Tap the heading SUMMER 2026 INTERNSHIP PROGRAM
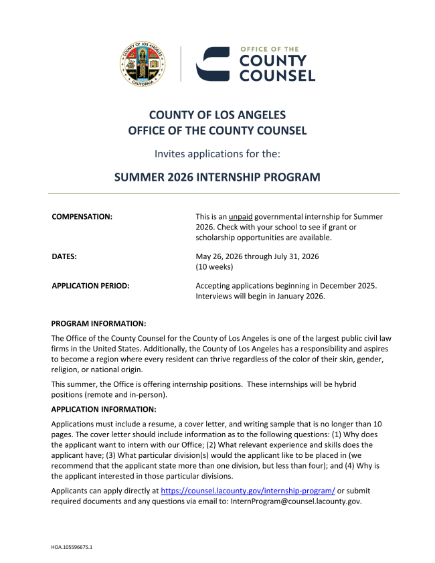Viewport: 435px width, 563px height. tap(217, 177)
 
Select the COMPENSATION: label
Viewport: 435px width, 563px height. tap(82, 217)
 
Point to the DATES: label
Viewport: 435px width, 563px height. tap(64, 256)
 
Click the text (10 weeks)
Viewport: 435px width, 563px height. tap(214, 266)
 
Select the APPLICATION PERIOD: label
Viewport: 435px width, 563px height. tap(90, 286)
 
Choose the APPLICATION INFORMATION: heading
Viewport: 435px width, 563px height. tap(104, 409)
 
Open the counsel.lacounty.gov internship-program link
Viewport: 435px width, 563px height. tap(248, 491)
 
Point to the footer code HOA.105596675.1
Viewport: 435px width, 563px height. tap(72, 547)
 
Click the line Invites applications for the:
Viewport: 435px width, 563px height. tap(217, 154)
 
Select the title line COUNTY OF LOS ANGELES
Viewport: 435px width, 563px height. tap(217, 115)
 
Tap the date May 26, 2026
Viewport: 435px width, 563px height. tap(219, 256)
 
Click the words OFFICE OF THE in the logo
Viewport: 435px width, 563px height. tap(269, 50)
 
